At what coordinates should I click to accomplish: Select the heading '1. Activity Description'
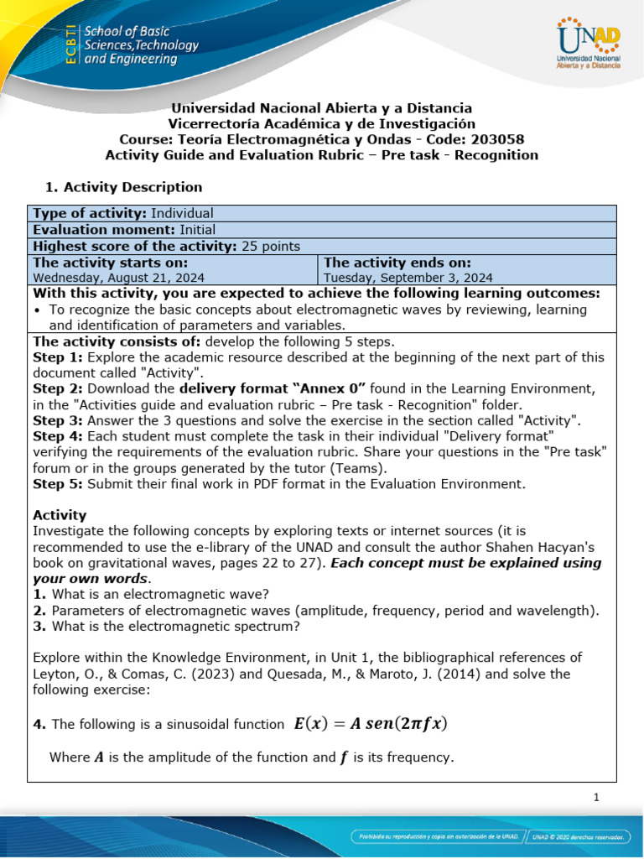tap(122, 187)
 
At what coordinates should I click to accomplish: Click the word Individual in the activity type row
tap(182, 213)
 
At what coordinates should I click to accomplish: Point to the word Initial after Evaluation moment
tap(196, 229)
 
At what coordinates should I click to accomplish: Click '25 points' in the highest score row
tap(271, 246)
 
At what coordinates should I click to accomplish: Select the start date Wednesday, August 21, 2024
tap(118, 278)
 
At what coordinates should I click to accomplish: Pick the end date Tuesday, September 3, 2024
tap(408, 278)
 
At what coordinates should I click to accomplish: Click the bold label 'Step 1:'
tap(58, 357)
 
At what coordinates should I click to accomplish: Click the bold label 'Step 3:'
tap(58, 420)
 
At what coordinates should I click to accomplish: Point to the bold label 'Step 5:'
tap(58, 483)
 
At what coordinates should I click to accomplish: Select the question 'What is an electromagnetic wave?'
tap(160, 594)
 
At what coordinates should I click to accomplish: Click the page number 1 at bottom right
tap(596, 798)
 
